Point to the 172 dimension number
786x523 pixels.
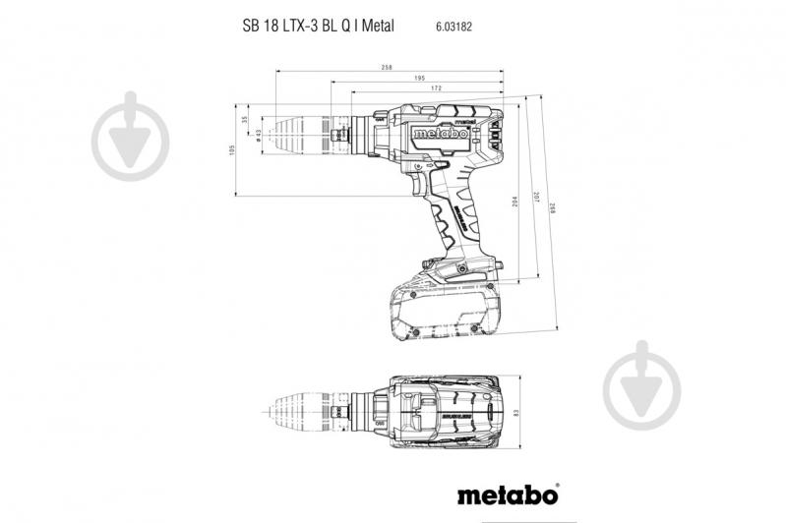click(436, 88)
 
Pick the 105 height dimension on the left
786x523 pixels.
click(233, 149)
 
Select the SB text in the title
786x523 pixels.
click(251, 27)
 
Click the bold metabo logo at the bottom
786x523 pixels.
click(508, 492)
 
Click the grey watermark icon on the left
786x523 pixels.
click(130, 137)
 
